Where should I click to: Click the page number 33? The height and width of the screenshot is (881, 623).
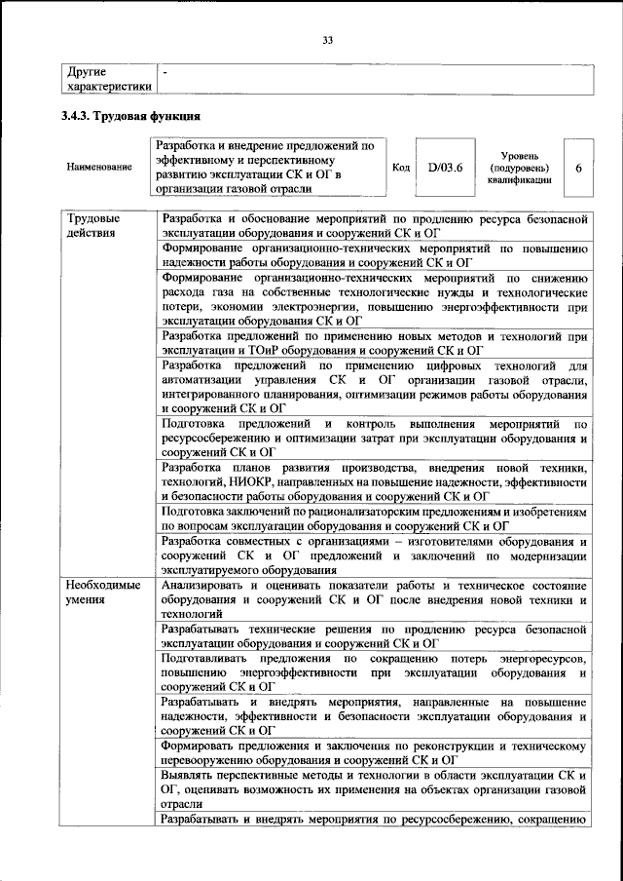[x=328, y=40]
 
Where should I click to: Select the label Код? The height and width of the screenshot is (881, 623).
[x=400, y=168]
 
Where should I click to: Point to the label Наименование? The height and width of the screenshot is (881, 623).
[x=99, y=168]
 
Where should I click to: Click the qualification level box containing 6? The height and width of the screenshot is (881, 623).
[x=578, y=168]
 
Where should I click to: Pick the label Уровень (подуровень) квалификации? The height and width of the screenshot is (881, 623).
[x=529, y=168]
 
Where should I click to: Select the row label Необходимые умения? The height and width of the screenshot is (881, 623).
[x=102, y=593]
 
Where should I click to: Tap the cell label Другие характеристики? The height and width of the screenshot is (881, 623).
[x=108, y=80]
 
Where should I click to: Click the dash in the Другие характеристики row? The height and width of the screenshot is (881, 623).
[x=165, y=73]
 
